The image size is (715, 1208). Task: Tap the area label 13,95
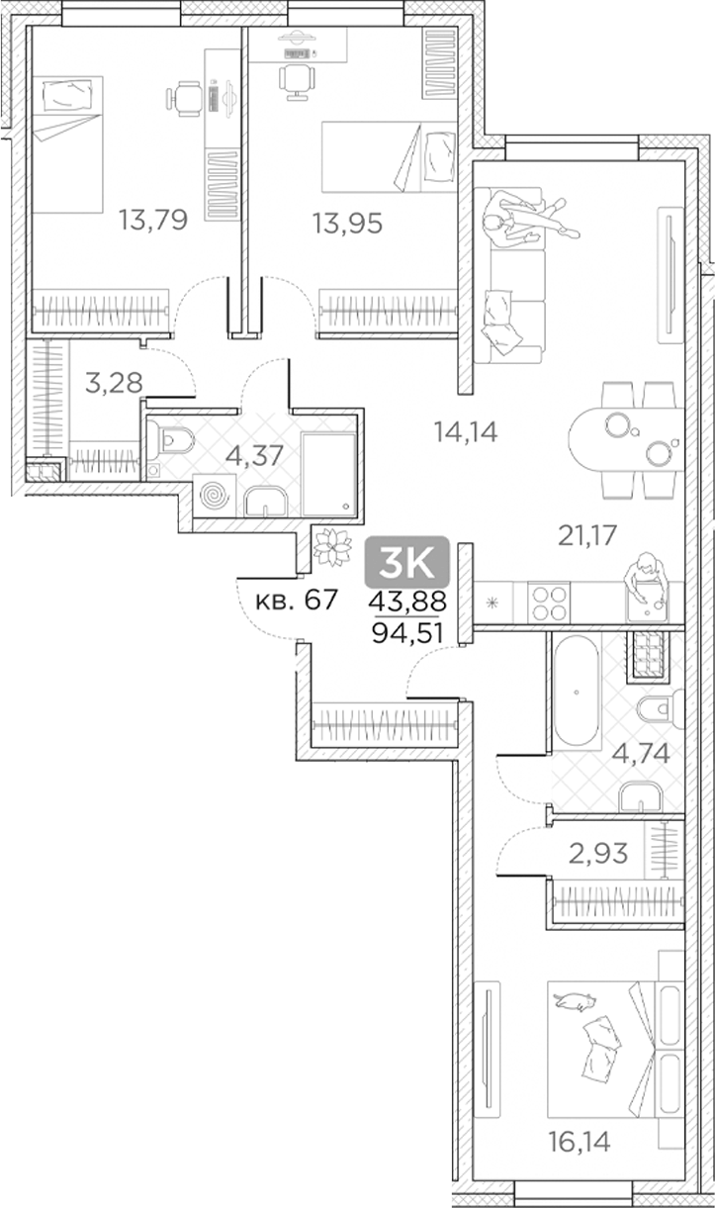(346, 224)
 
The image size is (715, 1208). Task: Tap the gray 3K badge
(407, 564)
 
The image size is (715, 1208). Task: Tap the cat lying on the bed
(574, 1003)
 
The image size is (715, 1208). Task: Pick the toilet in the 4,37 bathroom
(176, 437)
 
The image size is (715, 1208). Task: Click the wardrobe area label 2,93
(596, 851)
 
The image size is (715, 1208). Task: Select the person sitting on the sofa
(519, 218)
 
